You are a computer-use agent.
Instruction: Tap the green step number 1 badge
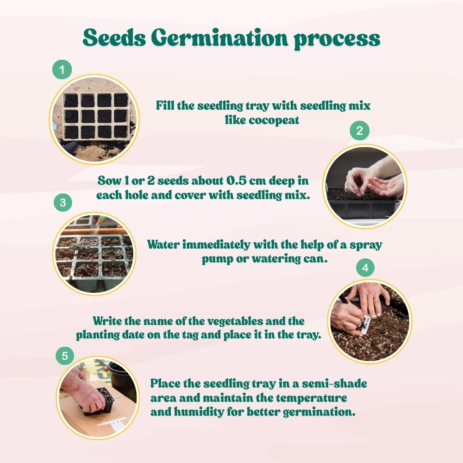(62, 70)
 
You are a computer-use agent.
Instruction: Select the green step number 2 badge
(359, 131)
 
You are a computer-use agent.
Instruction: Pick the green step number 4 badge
(365, 268)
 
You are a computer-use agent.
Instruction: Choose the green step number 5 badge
(65, 356)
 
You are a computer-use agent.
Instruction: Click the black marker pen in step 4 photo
(348, 306)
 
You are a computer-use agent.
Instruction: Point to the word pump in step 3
(217, 259)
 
